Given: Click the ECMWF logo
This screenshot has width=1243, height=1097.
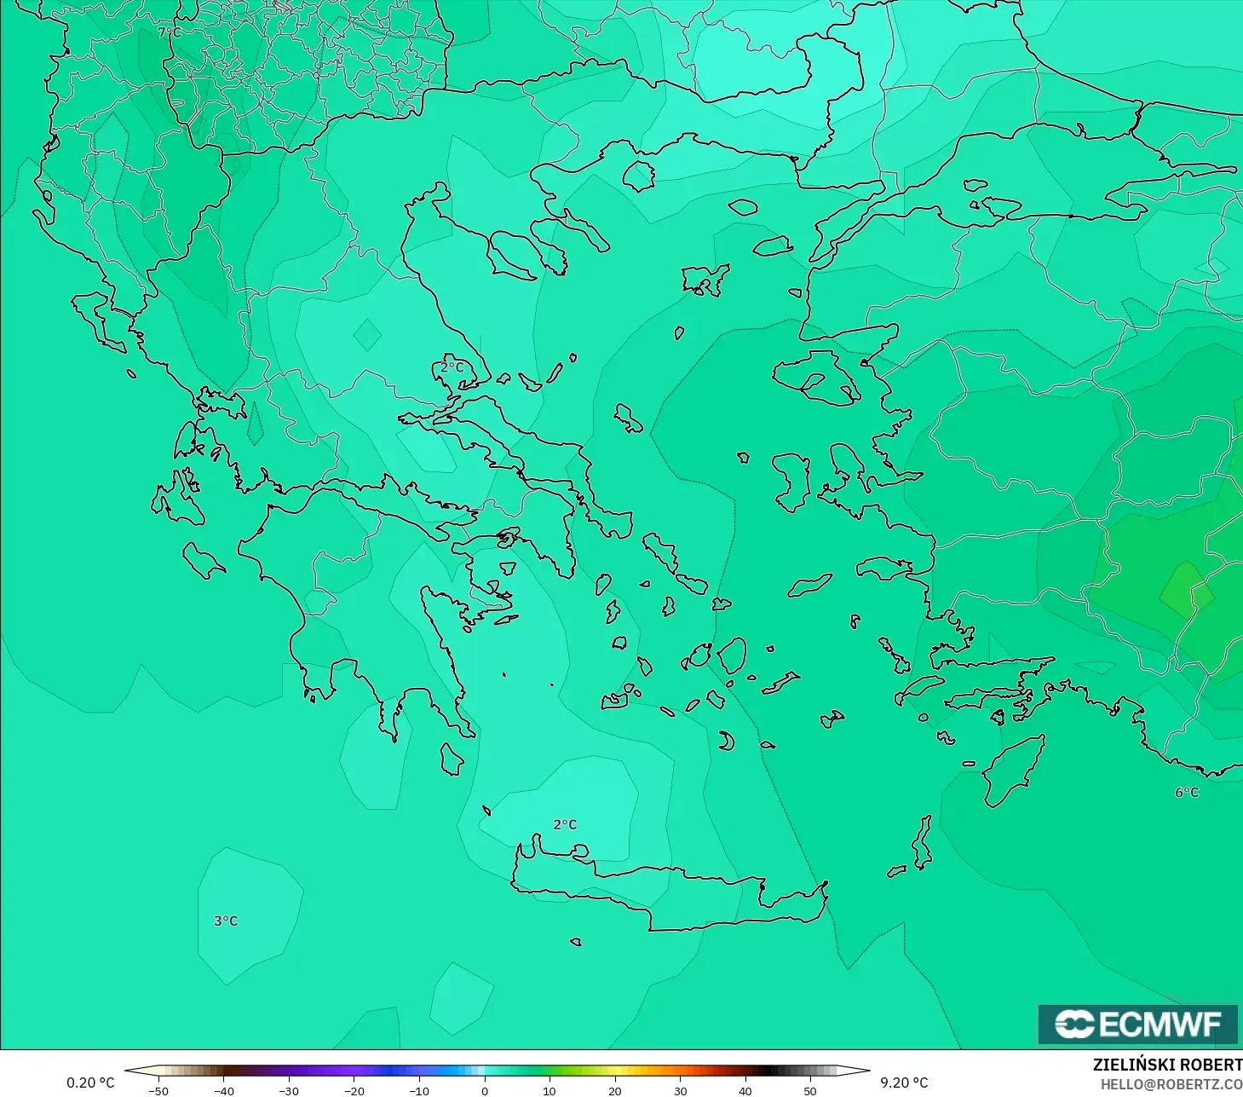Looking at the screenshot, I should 1137,1024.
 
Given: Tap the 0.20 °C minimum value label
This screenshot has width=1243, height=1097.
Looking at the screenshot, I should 90,1083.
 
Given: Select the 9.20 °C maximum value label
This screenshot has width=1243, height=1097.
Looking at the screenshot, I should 904,1083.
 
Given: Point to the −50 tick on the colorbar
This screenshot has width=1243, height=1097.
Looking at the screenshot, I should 158,1090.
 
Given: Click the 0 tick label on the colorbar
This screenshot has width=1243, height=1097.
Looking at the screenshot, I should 484,1090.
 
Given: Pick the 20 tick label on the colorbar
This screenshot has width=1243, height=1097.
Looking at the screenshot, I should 614,1090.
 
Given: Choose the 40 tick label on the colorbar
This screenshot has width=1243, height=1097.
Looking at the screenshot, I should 745,1090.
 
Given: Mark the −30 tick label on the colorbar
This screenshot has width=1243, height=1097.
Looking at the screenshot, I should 289,1090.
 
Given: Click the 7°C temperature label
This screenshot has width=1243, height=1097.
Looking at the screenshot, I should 169,32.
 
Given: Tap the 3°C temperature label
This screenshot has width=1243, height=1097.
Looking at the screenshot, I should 226,921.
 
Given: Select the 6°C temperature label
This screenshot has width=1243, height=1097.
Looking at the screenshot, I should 1187,792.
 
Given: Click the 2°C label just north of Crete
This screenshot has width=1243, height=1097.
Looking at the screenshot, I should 565,824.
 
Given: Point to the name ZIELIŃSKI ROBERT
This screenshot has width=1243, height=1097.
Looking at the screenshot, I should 1167,1065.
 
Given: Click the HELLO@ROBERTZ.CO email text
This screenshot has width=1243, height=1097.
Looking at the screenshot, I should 1171,1084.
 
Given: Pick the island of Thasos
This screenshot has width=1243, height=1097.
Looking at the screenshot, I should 638,176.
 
